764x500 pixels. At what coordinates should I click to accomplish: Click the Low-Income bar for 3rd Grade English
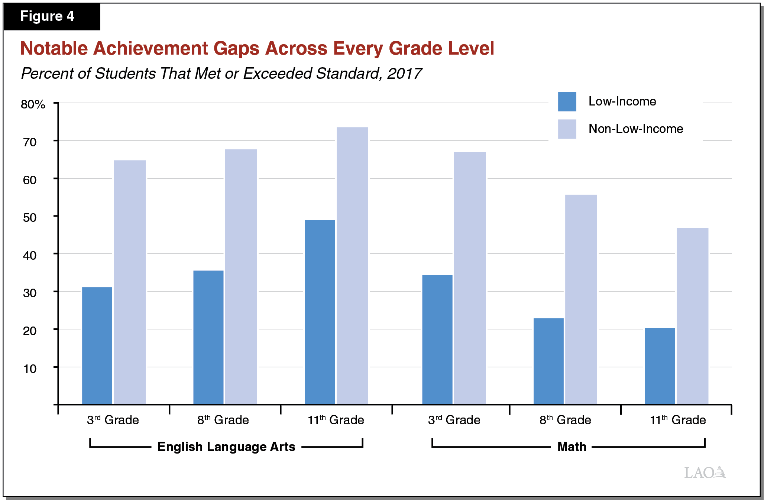97,345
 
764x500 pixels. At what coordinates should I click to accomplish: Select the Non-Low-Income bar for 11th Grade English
352,266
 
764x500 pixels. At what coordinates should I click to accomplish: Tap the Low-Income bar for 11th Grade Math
660,366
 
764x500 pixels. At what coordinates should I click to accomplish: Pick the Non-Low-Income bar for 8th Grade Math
581,299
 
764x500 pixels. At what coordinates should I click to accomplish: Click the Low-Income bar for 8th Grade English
208,337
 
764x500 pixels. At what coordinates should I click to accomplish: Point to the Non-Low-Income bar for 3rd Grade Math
470,278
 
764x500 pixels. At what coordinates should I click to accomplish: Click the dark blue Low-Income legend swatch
567,101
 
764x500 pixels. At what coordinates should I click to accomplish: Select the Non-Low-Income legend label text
635,129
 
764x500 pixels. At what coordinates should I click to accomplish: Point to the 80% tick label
33,104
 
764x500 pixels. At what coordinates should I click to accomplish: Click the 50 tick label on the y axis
30,217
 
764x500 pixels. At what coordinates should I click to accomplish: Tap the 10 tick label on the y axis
30,368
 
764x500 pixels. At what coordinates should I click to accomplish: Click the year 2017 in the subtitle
404,74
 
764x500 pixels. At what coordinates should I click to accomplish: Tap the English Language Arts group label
226,447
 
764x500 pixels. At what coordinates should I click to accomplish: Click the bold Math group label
572,447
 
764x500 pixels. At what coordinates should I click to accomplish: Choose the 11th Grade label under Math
677,420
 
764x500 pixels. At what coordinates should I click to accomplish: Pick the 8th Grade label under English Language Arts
223,420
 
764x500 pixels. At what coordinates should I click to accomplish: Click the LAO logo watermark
705,473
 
